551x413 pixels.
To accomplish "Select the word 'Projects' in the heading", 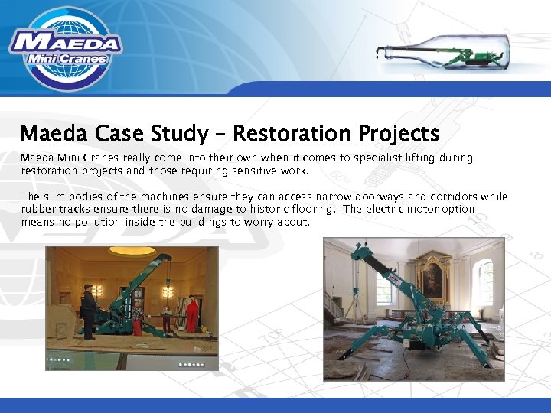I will pyautogui.click(x=402, y=134).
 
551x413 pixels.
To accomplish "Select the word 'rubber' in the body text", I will pyautogui.click(x=37, y=210).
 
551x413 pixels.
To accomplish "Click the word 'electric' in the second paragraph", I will pyautogui.click(x=396, y=210).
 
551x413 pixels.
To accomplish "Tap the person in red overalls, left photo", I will pyautogui.click(x=192, y=313).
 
